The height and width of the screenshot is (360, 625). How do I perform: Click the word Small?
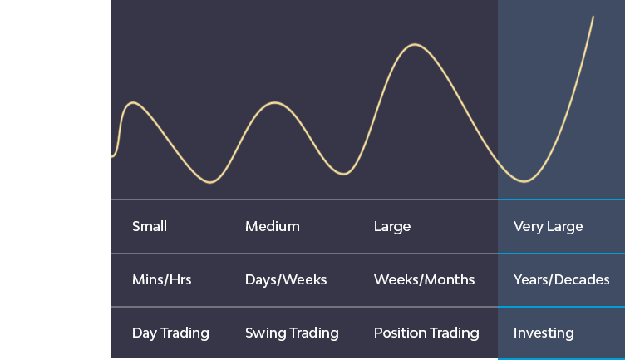[150, 226]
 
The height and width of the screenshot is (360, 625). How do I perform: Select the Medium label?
[273, 226]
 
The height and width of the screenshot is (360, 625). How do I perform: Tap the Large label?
[392, 227]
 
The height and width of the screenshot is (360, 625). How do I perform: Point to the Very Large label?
[548, 227]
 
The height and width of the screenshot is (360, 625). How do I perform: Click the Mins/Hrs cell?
[162, 279]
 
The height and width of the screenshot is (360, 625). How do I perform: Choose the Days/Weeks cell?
[286, 279]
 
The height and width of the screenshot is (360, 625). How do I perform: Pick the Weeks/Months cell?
[424, 279]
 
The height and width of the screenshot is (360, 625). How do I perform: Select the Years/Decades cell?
[561, 279]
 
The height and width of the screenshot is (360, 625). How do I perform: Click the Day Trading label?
[170, 333]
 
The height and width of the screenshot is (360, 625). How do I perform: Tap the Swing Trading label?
[292, 333]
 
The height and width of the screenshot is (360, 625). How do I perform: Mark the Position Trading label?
[426, 333]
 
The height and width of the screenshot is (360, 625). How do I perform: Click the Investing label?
[544, 333]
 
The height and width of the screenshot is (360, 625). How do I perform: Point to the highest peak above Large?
[415, 44]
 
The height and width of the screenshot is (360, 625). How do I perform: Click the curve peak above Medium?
[275, 103]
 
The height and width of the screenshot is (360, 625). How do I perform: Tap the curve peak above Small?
[133, 103]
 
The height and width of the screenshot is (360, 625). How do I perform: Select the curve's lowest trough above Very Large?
[524, 182]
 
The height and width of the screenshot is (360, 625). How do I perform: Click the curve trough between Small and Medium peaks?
[210, 183]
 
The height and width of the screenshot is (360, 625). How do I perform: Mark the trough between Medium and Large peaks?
[343, 174]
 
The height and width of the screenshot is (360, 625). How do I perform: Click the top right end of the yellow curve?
[593, 17]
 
